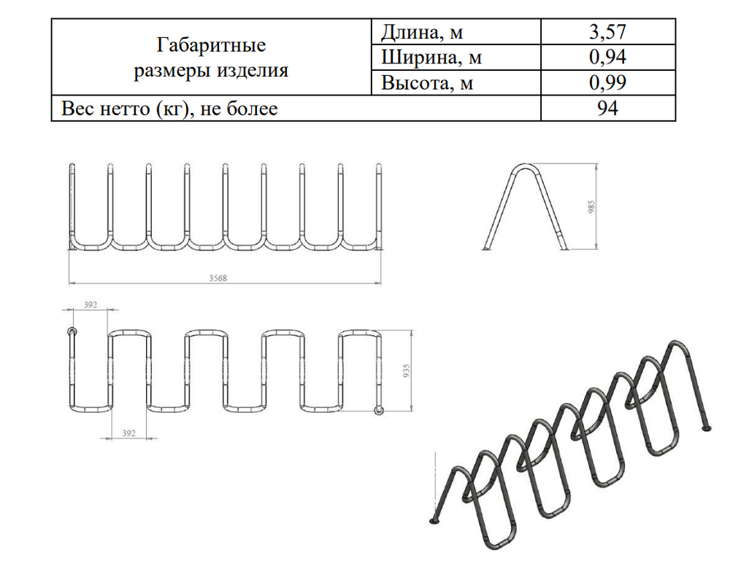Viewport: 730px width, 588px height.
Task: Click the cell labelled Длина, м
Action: pos(423,32)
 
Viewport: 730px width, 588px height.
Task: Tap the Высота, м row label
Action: pos(428,83)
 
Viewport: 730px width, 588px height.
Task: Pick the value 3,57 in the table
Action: pos(608,32)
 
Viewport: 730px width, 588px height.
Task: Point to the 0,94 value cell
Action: pos(608,57)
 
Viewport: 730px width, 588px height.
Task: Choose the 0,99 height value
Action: pos(608,83)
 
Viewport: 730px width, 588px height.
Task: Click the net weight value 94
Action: pos(608,109)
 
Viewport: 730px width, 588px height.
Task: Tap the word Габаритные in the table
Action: pos(211,46)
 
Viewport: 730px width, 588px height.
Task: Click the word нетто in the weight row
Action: pos(123,109)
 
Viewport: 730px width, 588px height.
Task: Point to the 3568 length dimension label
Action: pos(218,277)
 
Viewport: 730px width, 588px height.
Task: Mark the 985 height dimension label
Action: pos(592,208)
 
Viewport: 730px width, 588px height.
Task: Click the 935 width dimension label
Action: pos(407,372)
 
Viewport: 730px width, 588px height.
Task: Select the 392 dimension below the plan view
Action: pos(128,433)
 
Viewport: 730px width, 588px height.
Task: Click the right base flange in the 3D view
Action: pos(705,429)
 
